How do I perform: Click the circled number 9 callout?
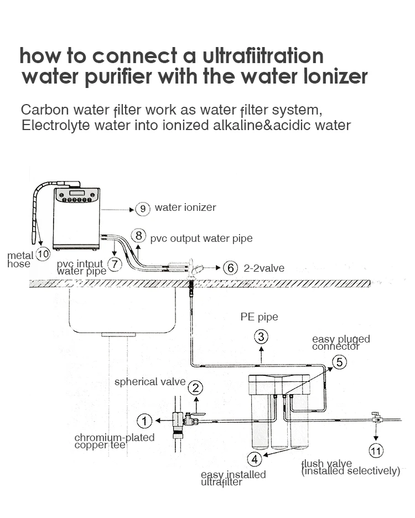tap(143, 209)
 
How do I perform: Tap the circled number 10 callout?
tap(43, 255)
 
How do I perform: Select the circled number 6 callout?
tap(231, 268)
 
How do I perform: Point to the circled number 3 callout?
tap(262, 336)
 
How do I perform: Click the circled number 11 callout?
tap(376, 451)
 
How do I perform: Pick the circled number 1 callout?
tap(144, 421)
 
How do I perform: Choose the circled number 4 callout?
tap(255, 459)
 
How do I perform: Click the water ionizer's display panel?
tap(77, 193)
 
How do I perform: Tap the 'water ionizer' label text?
tap(185, 208)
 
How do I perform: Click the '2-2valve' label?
tap(264, 268)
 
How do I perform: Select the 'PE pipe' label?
tap(259, 317)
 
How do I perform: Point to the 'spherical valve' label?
tap(150, 382)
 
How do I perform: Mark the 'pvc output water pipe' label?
tap(201, 239)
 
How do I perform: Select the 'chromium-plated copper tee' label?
tap(114, 441)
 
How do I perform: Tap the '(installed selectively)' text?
tap(350, 471)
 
